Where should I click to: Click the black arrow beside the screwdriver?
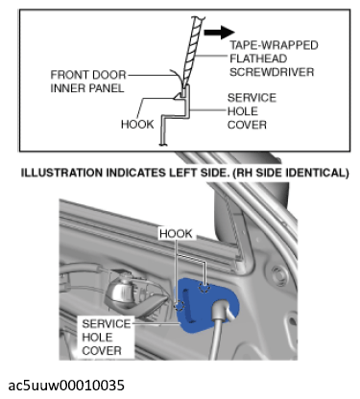pos(219,32)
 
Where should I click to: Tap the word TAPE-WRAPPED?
pos(274,45)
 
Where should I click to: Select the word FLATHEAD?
pos(258,59)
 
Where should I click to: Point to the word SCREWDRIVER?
pos(272,72)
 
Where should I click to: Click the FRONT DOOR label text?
pos(88,75)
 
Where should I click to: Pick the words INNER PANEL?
pos(87,88)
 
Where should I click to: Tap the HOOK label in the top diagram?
pos(137,124)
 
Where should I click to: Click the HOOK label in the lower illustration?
pos(176,234)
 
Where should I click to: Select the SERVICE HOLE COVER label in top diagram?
pos(252,111)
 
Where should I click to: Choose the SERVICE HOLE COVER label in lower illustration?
pos(107,337)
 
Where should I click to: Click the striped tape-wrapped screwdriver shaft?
pos(192,50)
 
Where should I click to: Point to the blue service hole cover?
pos(207,305)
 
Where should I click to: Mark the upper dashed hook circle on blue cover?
pos(204,288)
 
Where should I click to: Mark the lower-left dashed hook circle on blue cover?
pos(180,306)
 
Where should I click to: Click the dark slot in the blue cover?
pos(187,305)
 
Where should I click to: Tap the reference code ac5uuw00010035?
pos(66,385)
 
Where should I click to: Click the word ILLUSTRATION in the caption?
pos(61,173)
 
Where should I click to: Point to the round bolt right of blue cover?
pos(280,274)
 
